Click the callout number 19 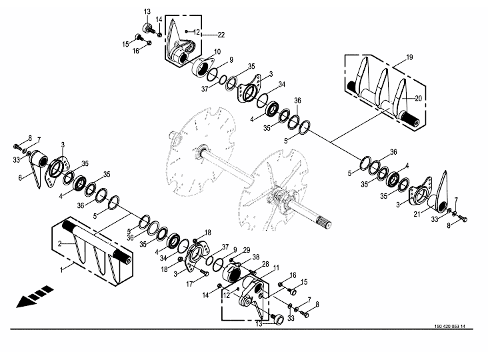(409, 57)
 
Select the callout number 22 (221, 35)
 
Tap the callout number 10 (217, 51)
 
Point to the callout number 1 (61, 269)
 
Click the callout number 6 (20, 178)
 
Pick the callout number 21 (417, 214)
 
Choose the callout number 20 (418, 98)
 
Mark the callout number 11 (276, 267)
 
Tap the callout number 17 (189, 284)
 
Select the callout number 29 (247, 250)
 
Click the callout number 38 (255, 257)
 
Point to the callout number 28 (265, 264)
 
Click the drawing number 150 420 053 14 (450, 327)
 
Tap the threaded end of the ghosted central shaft (324, 223)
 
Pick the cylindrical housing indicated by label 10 (201, 66)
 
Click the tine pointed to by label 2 (80, 251)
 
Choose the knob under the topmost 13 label (147, 27)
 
